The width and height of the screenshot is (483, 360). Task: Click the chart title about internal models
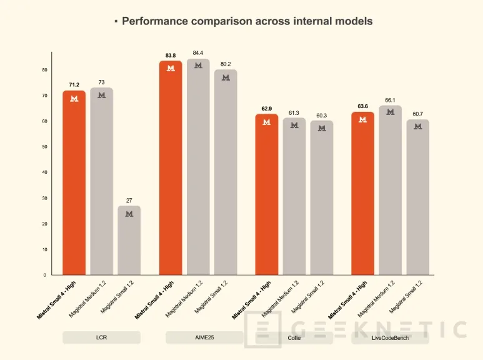click(247, 21)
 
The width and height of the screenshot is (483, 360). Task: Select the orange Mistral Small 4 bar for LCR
click(74, 187)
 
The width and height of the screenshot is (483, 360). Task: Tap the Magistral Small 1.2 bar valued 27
click(129, 244)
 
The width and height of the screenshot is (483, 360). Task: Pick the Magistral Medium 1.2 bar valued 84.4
click(198, 169)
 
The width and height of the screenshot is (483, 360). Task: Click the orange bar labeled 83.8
click(171, 169)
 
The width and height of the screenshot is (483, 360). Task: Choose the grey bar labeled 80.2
click(226, 175)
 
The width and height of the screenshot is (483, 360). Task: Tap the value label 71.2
click(74, 83)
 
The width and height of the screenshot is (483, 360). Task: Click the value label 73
click(101, 82)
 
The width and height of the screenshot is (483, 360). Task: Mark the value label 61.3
click(294, 112)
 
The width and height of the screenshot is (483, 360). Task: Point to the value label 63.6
click(363, 106)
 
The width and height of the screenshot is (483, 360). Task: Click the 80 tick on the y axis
click(44, 70)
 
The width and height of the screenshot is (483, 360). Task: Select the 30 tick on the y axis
click(44, 198)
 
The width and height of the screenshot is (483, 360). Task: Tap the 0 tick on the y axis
click(45, 275)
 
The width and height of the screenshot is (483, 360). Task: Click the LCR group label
click(101, 337)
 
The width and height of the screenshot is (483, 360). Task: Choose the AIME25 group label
click(204, 337)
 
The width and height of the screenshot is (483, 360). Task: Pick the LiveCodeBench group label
click(391, 337)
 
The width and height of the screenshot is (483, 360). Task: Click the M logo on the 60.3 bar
click(322, 128)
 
